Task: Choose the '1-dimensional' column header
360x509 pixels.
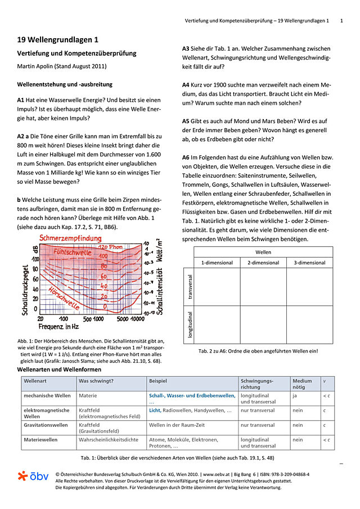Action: coord(217,263)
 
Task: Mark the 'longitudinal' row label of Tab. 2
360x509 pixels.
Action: coord(190,325)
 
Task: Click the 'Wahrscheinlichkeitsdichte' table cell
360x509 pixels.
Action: coord(109,439)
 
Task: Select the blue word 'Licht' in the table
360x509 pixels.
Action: coord(155,411)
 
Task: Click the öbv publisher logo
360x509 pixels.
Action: coord(33,476)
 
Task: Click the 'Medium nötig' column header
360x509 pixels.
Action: coord(303,384)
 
